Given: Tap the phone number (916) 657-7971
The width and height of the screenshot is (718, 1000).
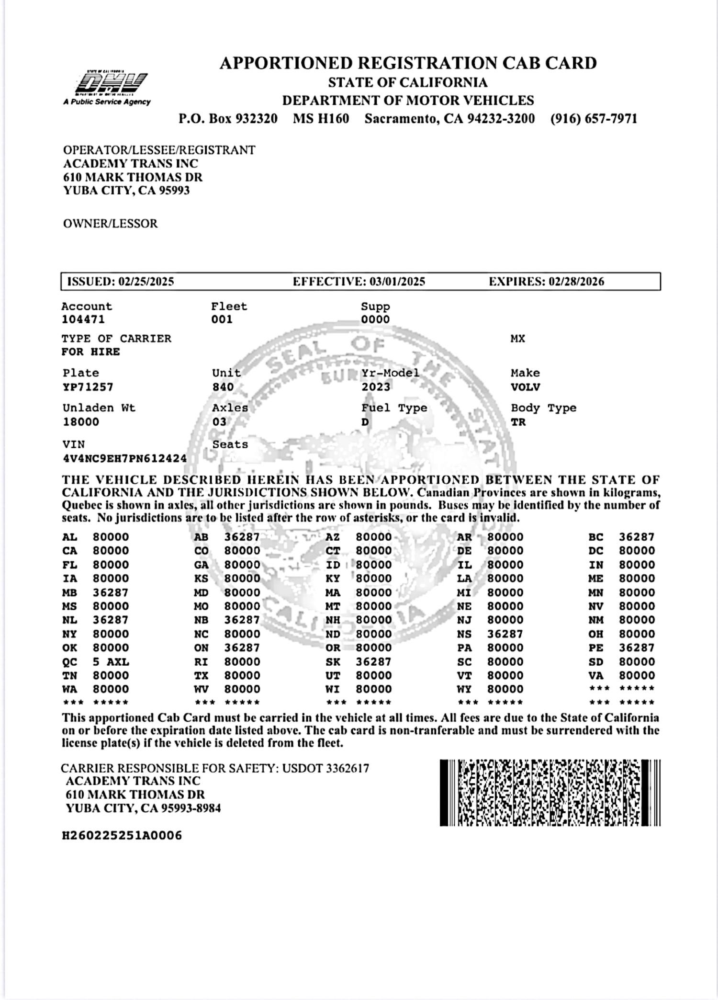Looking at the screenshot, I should pos(594,118).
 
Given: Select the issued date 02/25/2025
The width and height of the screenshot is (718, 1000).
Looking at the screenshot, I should pos(146,281).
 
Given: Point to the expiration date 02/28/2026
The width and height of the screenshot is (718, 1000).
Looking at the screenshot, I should pos(576,281).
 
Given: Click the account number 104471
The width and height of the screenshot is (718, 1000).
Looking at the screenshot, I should pos(83,319).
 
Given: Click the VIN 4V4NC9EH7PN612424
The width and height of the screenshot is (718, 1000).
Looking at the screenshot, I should pos(124,458).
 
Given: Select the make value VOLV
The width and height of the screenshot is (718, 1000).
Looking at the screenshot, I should pos(525,387).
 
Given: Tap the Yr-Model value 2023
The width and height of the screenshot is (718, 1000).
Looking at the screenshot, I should pos(376,387).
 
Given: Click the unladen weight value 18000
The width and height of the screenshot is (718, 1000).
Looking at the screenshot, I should pos(81,422).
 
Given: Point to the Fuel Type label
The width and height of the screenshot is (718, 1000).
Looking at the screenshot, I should pos(394,408).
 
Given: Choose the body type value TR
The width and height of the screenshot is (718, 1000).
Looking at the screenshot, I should pos(518,422).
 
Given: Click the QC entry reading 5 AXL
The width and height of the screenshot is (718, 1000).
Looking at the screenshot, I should pos(111,662).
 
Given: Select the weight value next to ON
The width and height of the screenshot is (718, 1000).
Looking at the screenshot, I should pos(242,648).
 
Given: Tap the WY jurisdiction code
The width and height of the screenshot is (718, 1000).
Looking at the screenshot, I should pos(464,689).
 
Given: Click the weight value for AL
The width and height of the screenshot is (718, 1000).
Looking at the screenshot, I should pos(111,537).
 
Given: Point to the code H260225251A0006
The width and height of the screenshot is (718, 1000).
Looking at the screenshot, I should pos(122,836).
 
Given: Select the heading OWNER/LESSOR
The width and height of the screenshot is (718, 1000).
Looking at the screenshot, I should pos(110,224).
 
